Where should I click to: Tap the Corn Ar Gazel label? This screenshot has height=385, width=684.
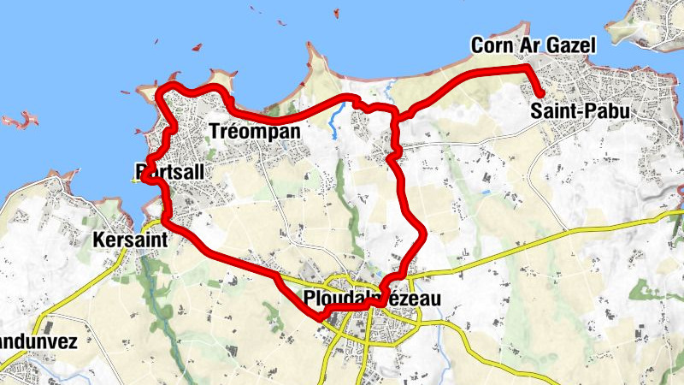(x=532, y=45)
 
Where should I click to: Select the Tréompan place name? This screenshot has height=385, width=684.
(x=255, y=131)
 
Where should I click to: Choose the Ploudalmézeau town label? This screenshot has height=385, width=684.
(x=371, y=299)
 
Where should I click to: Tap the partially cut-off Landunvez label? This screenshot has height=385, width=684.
(x=38, y=342)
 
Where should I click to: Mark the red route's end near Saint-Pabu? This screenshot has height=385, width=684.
(x=541, y=95)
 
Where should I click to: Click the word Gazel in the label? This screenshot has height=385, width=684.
(x=569, y=45)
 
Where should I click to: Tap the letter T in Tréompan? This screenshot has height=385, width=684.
(x=214, y=131)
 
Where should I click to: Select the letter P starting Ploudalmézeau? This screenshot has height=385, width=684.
(x=309, y=299)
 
